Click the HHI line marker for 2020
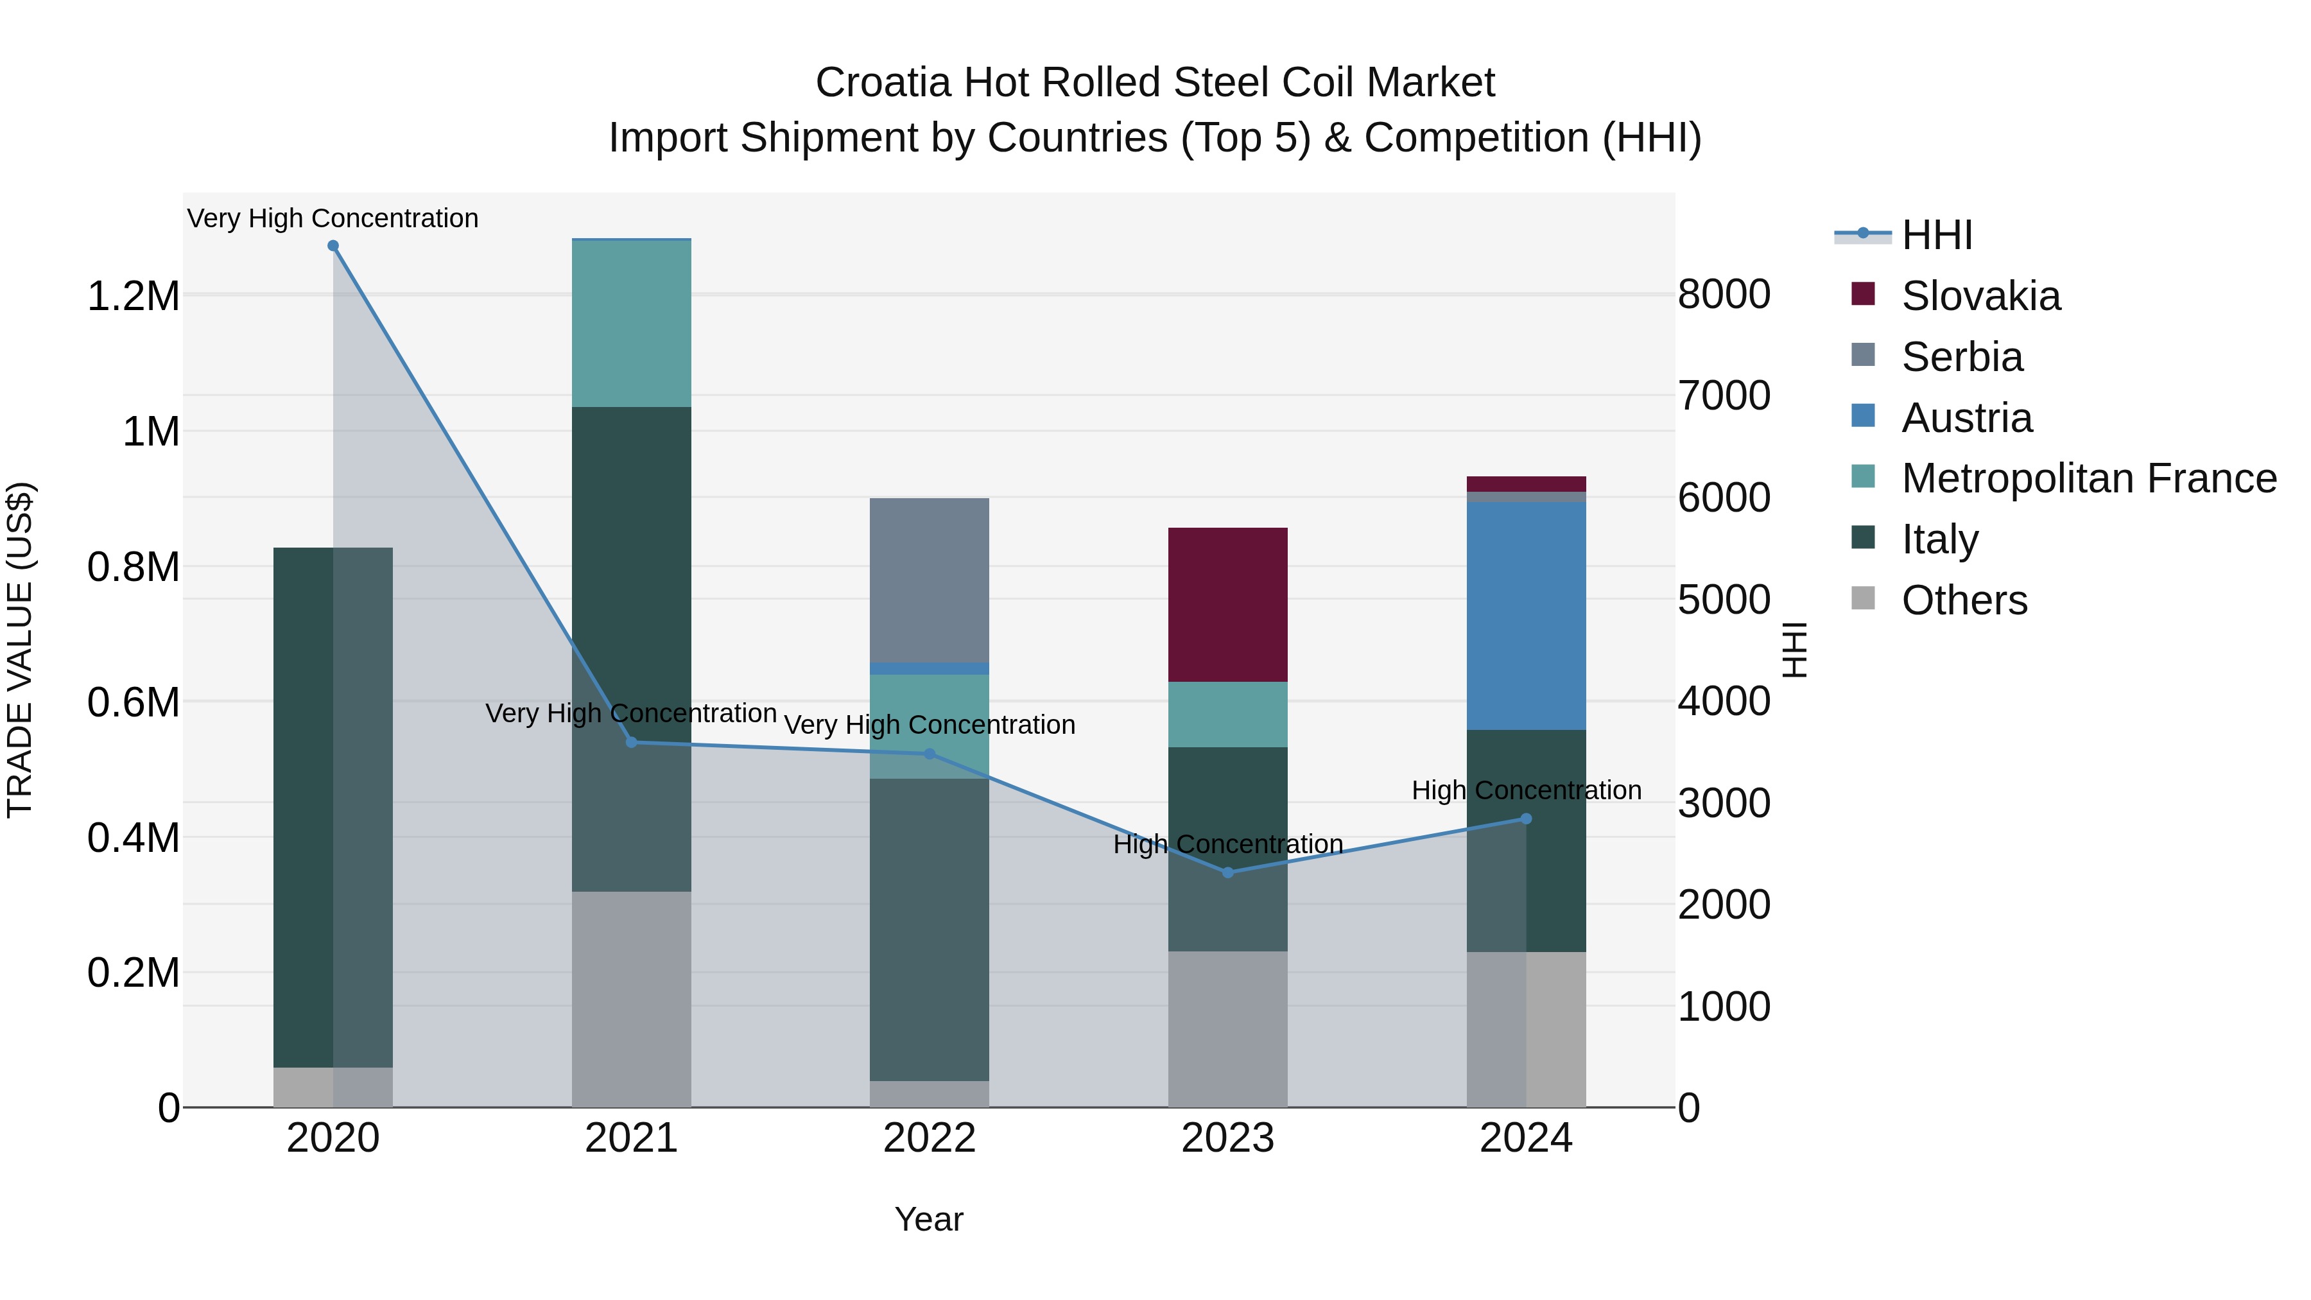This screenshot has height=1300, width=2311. (333, 246)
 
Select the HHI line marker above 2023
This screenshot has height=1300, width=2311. (1227, 872)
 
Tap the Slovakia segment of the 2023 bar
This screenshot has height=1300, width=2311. (1227, 604)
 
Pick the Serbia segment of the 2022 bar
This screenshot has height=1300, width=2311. (930, 580)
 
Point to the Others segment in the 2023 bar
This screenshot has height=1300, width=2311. (1227, 1028)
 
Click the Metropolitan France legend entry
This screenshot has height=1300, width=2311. (2088, 478)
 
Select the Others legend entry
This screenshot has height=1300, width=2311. (1963, 600)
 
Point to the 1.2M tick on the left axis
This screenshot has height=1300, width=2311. (133, 296)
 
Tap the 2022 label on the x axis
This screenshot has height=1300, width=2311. (930, 1138)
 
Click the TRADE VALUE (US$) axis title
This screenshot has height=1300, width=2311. (20, 650)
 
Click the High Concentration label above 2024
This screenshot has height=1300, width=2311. (1526, 790)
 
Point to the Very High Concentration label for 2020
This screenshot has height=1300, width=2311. (333, 218)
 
